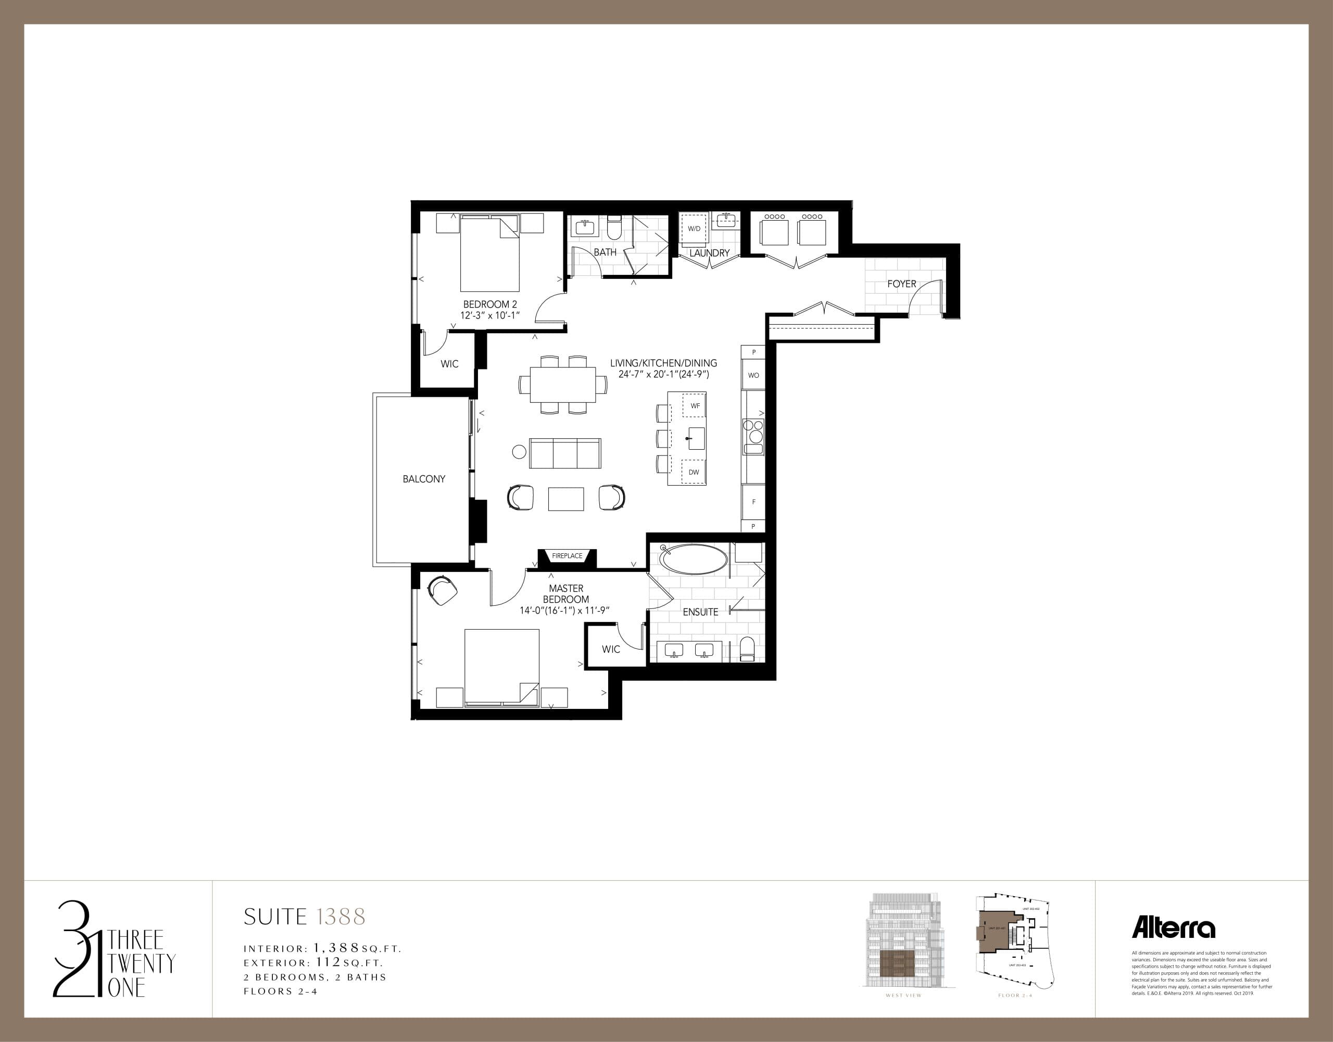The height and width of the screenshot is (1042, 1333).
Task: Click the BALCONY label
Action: click(x=423, y=479)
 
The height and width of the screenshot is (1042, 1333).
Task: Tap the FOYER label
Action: click(x=901, y=284)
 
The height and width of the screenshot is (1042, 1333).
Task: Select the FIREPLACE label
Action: click(x=567, y=556)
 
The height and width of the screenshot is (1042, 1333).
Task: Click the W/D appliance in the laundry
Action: click(x=694, y=229)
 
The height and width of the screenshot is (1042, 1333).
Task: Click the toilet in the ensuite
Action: click(x=747, y=649)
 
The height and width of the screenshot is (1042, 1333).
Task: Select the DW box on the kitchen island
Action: click(x=694, y=472)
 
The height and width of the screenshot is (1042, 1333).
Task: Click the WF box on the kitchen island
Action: click(x=695, y=405)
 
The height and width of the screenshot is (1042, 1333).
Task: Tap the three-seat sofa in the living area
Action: click(x=564, y=453)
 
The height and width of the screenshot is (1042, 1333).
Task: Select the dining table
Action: click(x=563, y=384)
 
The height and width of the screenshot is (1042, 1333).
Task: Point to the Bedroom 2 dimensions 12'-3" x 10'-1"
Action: click(x=489, y=315)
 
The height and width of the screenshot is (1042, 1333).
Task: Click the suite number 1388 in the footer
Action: click(x=341, y=917)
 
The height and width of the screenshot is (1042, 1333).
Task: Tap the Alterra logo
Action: click(x=1173, y=928)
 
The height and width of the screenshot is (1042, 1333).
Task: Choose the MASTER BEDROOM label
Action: click(x=566, y=593)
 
